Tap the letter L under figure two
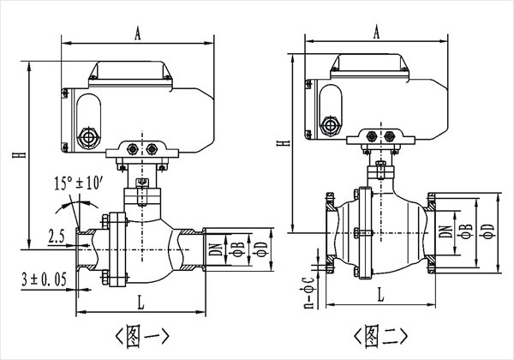point(380,294)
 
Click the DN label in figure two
point(446,227)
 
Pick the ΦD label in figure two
point(486,229)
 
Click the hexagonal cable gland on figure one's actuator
point(86,137)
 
